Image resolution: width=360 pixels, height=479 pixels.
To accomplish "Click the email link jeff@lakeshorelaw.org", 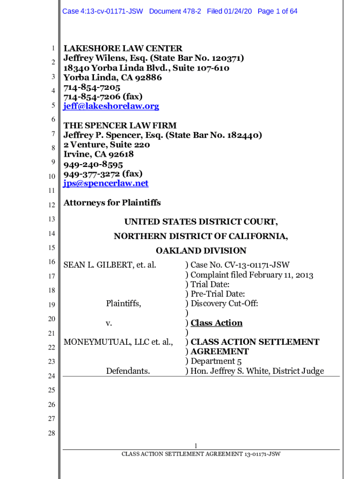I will (x=111, y=106).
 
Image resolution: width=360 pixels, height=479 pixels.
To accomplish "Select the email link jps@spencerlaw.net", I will (x=106, y=183).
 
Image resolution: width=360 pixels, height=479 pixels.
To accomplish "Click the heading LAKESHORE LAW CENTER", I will (x=122, y=49).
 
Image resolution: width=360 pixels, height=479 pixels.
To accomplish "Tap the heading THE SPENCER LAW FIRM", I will (x=120, y=125).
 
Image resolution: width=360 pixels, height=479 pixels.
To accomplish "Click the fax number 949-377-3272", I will (x=93, y=174).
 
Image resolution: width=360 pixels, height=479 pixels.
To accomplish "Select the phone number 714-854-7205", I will (x=92, y=87).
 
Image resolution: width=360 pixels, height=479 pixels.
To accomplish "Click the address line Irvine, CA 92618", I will (x=98, y=154).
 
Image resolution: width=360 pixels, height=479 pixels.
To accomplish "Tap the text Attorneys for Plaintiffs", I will (x=112, y=203).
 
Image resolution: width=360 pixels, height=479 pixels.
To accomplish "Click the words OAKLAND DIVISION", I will (x=201, y=251).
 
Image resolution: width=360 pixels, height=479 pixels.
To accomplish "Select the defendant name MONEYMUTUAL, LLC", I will (x=107, y=342).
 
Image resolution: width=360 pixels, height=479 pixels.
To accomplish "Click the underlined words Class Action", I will (x=216, y=323).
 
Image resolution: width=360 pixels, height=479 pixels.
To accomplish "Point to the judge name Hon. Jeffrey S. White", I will (x=230, y=371).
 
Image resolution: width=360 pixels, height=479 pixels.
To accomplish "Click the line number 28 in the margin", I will (x=51, y=433).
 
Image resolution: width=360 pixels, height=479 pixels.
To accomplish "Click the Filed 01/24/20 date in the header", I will (x=230, y=11).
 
